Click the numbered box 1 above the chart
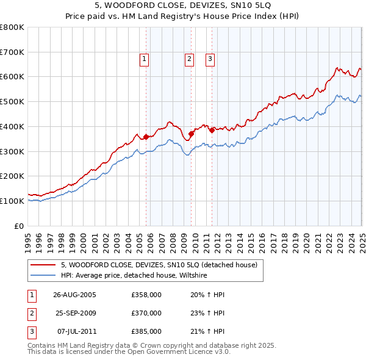(144, 59)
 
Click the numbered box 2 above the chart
(189, 59)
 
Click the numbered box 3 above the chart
(209, 59)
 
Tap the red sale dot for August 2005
(146, 137)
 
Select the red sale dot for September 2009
(192, 134)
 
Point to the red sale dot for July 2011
(212, 130)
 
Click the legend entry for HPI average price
(134, 276)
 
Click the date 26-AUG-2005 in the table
(75, 295)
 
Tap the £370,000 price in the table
(146, 313)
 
